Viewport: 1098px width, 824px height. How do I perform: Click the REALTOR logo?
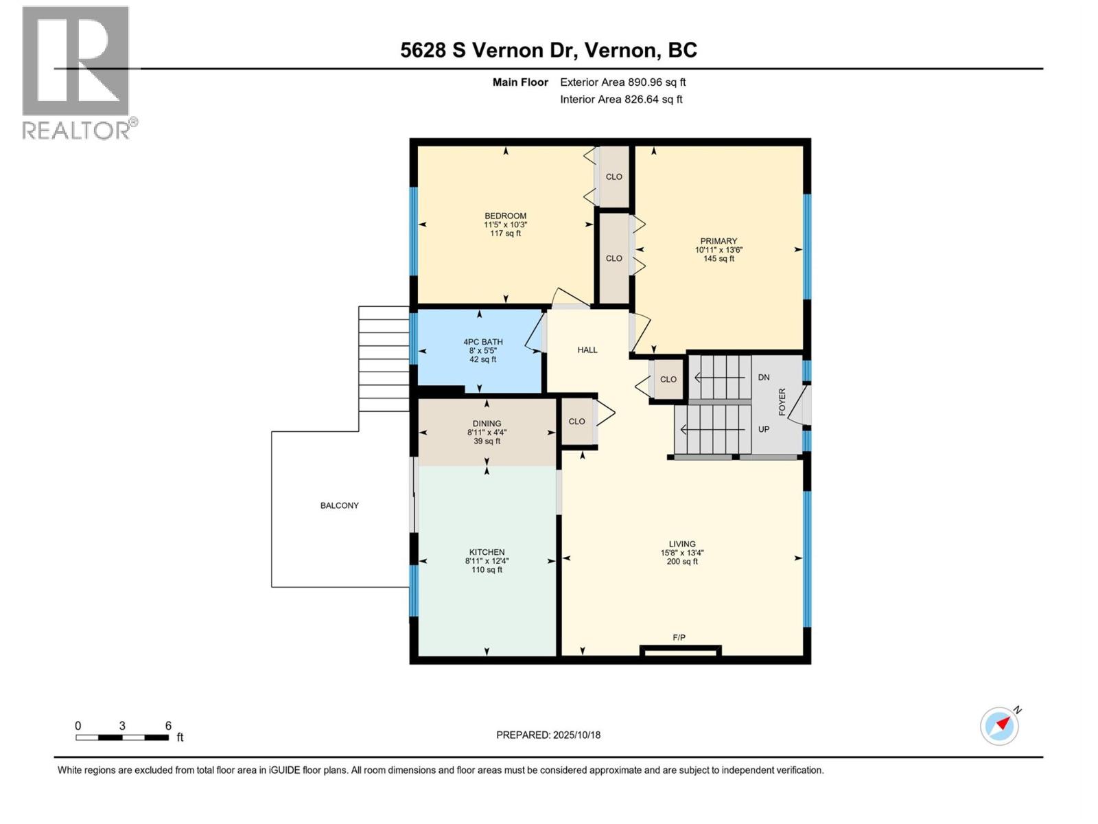pos(76,72)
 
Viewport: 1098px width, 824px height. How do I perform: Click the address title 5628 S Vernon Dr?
pos(548,50)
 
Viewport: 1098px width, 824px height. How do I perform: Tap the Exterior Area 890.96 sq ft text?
pos(622,82)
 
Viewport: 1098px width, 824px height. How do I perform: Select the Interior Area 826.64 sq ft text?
pos(621,100)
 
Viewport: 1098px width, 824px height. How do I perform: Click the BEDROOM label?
pos(505,216)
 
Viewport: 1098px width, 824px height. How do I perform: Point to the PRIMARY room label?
pos(719,241)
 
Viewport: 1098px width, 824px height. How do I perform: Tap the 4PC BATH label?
pos(483,342)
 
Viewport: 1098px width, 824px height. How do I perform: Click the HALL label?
pos(587,350)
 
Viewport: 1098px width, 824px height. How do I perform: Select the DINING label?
pos(487,424)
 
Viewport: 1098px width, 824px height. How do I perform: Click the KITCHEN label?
pos(487,552)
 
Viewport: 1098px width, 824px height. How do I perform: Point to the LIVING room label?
pos(682,544)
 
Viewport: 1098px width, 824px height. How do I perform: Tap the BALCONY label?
pos(340,505)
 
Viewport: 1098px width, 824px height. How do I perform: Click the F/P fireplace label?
pos(679,638)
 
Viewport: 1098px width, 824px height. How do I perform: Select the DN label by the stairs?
pos(764,378)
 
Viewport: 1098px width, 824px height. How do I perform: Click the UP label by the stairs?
pos(764,429)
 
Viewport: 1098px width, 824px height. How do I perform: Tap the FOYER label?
pos(782,402)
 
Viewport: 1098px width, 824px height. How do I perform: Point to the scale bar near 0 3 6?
pos(122,737)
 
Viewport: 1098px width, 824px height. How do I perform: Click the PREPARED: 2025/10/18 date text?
pos(548,735)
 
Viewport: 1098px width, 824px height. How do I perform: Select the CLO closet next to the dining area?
pos(577,422)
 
